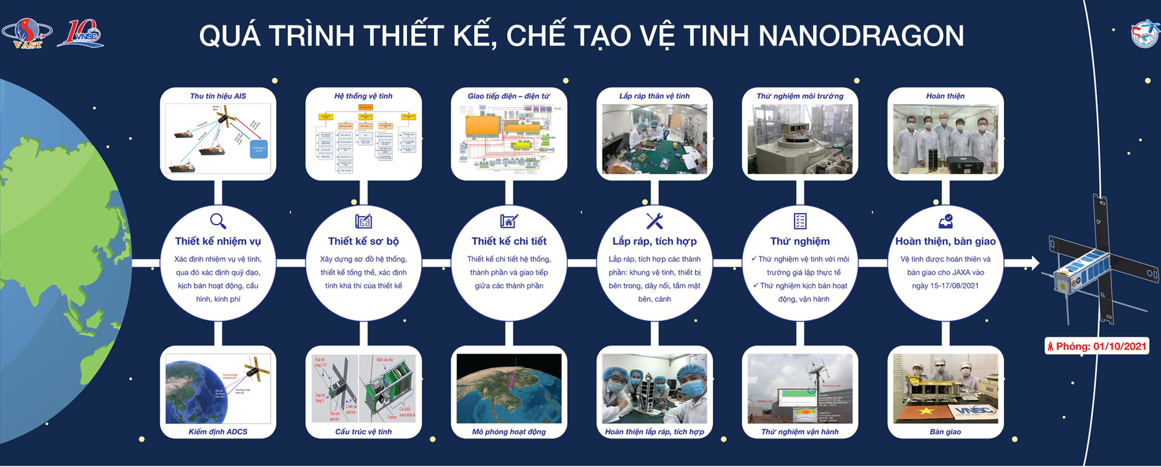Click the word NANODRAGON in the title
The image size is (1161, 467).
pos(861,36)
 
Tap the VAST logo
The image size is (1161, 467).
pos(27,34)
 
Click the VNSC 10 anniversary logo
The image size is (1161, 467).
pos(80,34)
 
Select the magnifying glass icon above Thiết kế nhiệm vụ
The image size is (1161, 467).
pos(218,221)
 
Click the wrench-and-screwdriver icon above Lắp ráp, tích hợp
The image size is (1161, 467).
pos(654,221)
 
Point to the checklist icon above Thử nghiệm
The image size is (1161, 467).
pos(800,221)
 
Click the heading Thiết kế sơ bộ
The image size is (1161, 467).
pos(363,241)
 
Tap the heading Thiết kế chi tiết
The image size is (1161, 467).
pos(509,241)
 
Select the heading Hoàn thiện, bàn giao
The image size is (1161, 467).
pos(945,241)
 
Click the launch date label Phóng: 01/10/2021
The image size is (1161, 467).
pos(1097,347)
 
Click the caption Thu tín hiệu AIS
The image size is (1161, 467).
pos(218,96)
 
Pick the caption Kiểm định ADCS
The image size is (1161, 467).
pos(218,432)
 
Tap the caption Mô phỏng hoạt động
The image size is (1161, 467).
pos(509,432)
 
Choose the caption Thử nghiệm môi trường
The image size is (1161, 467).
pos(800,96)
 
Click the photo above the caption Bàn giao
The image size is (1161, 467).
pos(945,388)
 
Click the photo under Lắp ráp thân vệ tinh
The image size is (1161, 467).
pos(654,139)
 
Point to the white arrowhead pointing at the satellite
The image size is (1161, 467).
pos(1033,263)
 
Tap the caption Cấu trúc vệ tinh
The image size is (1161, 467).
pos(363,432)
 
